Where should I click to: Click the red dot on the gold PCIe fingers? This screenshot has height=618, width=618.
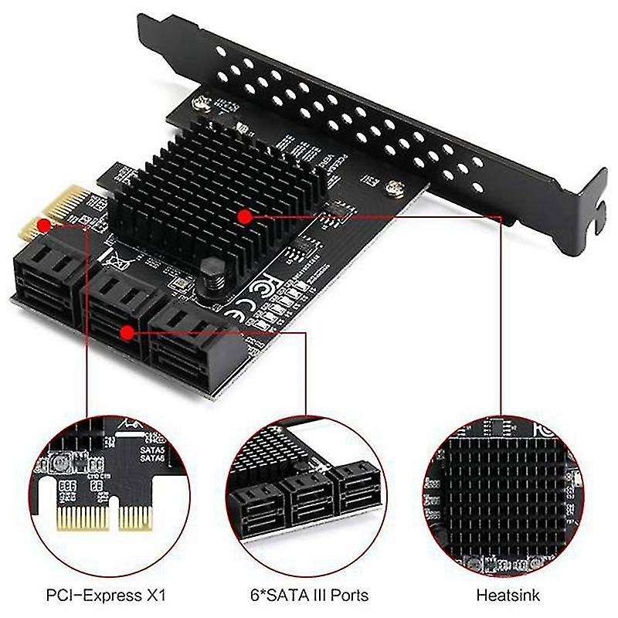coord(45,226)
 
